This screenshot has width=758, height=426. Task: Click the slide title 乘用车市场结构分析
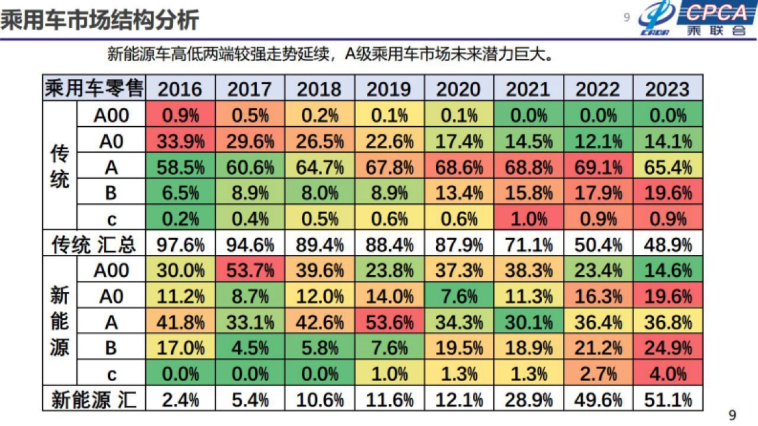[x=100, y=20]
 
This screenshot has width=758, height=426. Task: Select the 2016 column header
[x=180, y=89]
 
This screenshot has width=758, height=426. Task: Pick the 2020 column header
[x=459, y=89]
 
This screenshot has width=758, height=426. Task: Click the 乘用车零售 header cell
[x=94, y=89]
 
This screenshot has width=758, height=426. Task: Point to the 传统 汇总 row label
[x=94, y=244]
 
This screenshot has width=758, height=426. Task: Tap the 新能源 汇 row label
[x=94, y=399]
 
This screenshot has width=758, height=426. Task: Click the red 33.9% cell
[x=180, y=141]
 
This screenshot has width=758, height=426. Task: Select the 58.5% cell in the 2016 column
[x=180, y=167]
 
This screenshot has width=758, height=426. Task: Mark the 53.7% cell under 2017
[x=250, y=271]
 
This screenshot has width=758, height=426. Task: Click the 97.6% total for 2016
[x=180, y=244]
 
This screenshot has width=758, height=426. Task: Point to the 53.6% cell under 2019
[x=390, y=322]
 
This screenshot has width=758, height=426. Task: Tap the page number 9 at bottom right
[x=732, y=415]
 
